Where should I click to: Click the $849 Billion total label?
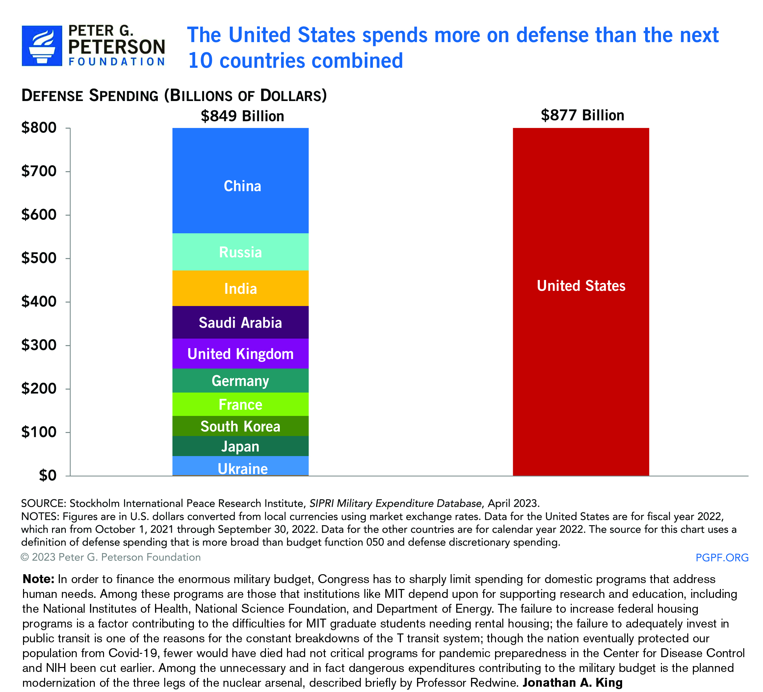click(242, 116)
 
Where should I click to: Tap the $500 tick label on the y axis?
click(39, 258)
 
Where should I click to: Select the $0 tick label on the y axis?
click(48, 475)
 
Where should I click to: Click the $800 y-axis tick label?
click(39, 128)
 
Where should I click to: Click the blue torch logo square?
click(41, 46)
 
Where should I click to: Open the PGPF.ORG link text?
click(722, 557)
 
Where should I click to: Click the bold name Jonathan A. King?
click(572, 682)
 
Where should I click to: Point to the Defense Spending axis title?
click(174, 95)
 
